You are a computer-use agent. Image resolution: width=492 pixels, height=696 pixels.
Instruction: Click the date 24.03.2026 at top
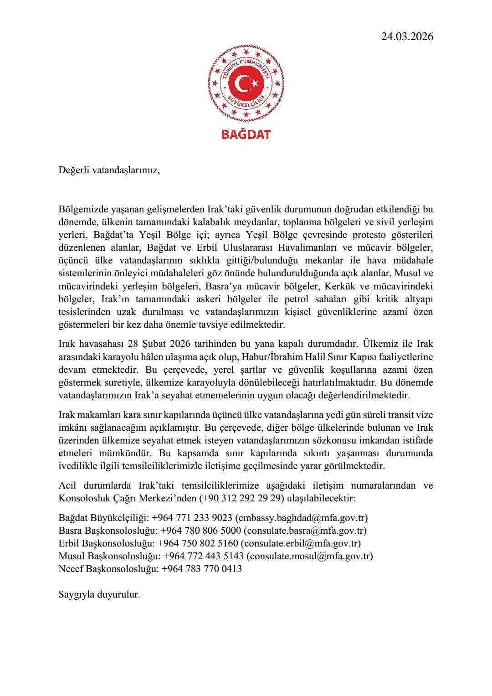407,36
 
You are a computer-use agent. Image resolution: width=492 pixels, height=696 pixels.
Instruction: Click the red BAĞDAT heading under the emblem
246,134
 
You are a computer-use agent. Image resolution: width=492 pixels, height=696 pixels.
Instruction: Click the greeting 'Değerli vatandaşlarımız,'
109,171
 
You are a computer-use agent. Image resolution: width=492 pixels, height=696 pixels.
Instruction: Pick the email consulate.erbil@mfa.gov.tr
301,543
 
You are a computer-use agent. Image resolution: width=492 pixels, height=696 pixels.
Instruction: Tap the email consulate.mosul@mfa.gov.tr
310,556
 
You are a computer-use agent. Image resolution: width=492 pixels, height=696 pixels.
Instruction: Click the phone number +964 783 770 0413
202,569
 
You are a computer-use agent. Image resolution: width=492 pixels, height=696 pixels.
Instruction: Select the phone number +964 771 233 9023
193,518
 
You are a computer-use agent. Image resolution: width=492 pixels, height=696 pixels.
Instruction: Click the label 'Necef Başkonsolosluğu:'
109,569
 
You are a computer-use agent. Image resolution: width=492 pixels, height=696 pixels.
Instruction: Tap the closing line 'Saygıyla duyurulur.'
99,595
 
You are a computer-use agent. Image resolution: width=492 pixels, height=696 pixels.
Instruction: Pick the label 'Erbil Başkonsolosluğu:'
107,543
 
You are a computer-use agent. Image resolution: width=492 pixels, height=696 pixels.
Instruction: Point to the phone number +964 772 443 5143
204,556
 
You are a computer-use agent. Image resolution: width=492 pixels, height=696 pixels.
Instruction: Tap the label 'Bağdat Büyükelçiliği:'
104,518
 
